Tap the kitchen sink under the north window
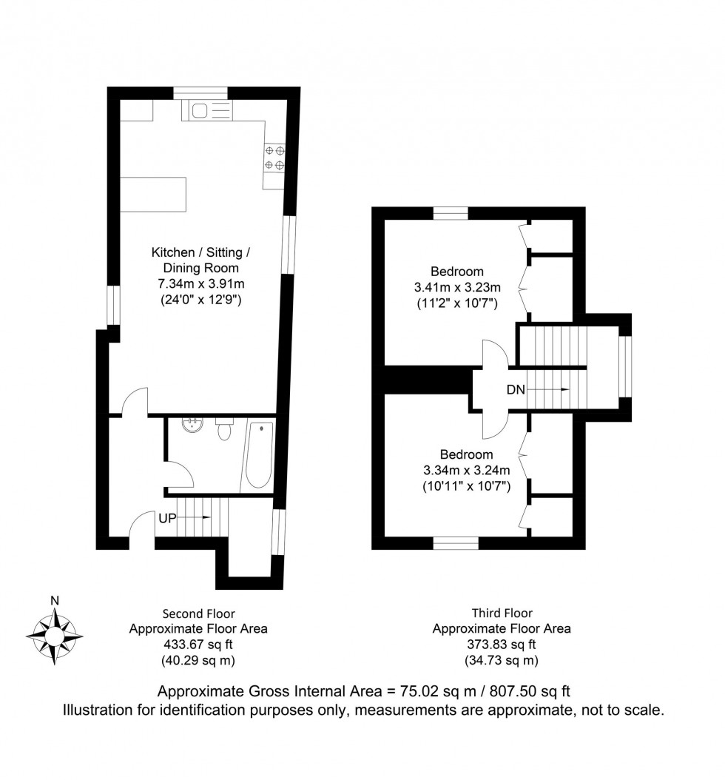click(199, 111)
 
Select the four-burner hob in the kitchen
click(275, 158)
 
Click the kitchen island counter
click(154, 194)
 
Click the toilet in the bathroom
click(225, 428)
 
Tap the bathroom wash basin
click(195, 425)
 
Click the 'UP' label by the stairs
click(167, 518)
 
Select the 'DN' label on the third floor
click(516, 389)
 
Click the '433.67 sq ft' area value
click(198, 645)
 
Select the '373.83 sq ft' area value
click(501, 645)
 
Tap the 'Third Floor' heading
click(502, 613)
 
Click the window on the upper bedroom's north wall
click(451, 214)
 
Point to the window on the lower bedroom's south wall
click(456, 544)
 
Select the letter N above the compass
click(54, 601)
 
